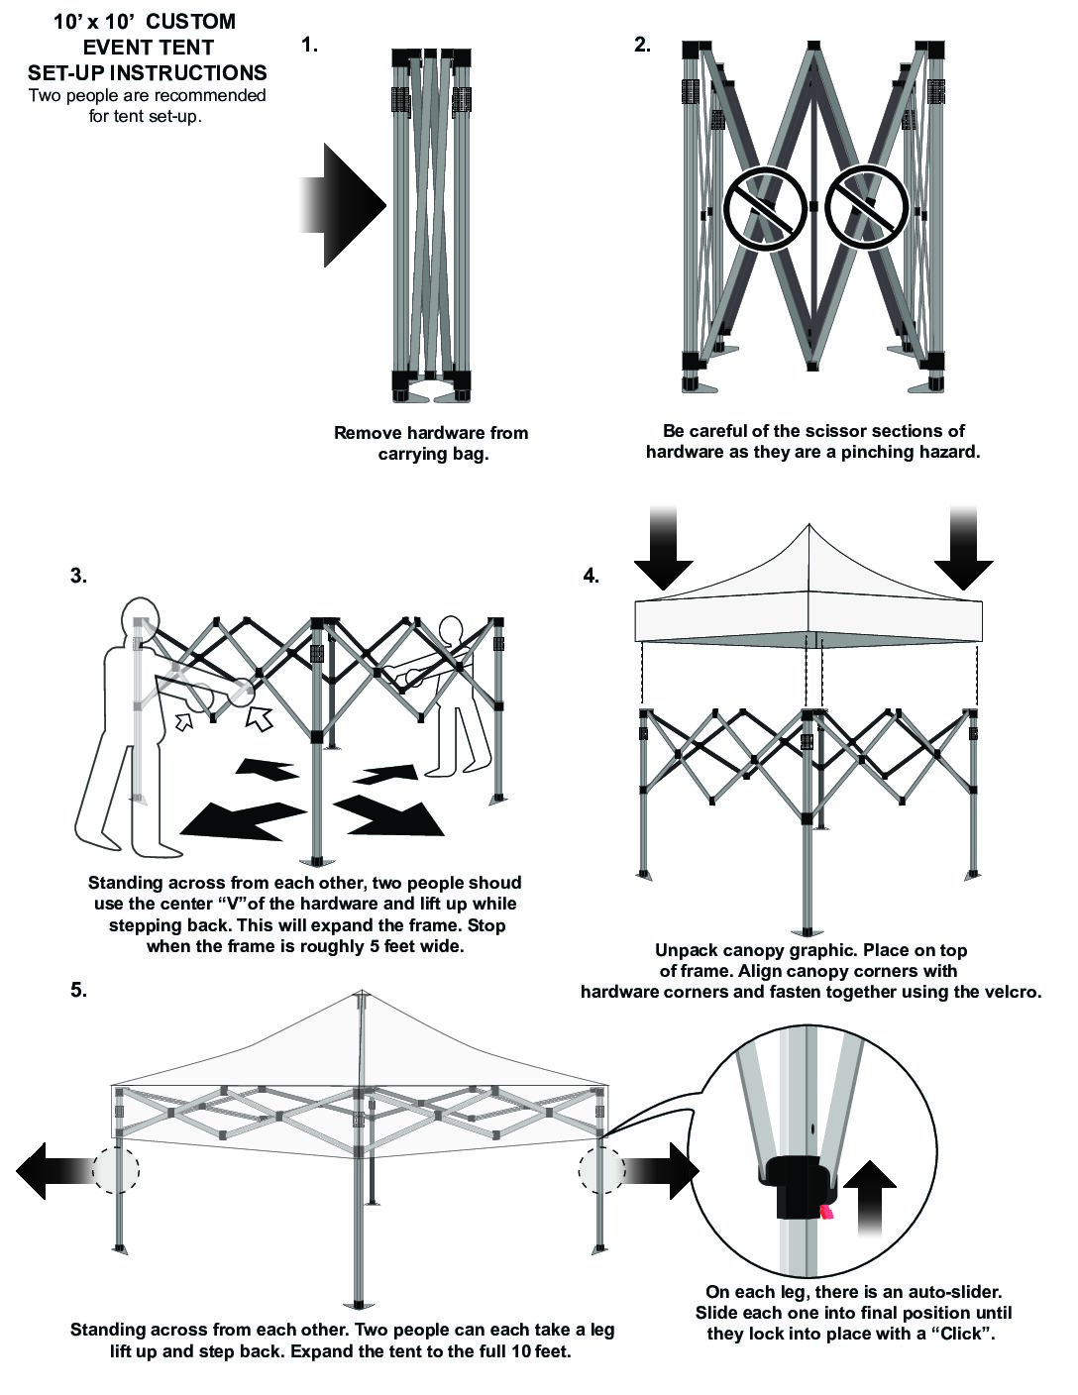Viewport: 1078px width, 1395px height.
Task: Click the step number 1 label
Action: pos(309,45)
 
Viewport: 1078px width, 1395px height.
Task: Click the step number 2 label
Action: pos(642,45)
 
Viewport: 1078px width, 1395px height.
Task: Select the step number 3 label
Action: pos(78,576)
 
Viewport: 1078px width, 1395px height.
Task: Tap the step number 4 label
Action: pos(592,576)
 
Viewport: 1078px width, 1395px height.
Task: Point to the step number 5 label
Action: pos(78,989)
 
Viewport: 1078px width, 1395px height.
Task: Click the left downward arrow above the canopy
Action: pos(663,550)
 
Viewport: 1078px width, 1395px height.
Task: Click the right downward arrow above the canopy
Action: pos(963,550)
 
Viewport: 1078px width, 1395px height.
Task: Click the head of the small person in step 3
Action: pos(451,630)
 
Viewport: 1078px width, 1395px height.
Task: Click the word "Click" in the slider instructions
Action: pos(959,1334)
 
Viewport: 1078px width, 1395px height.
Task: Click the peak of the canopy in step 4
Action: pos(808,526)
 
